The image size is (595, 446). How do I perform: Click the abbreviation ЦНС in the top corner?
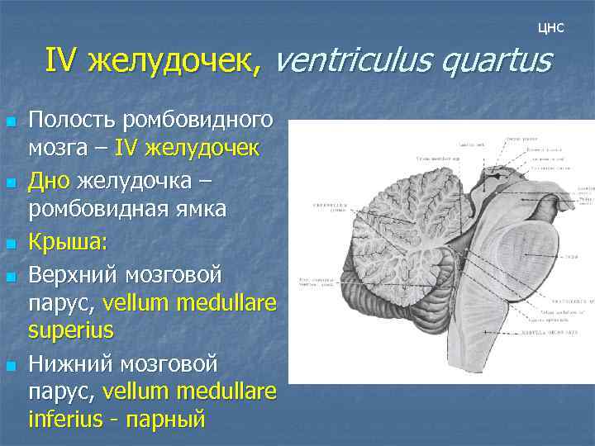(x=550, y=28)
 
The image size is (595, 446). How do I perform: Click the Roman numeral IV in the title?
(x=61, y=60)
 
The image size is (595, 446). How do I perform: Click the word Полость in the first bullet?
(x=72, y=121)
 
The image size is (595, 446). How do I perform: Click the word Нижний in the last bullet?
(x=71, y=363)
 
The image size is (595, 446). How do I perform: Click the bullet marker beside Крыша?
(x=12, y=244)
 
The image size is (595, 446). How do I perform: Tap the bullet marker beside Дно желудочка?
(x=12, y=181)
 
